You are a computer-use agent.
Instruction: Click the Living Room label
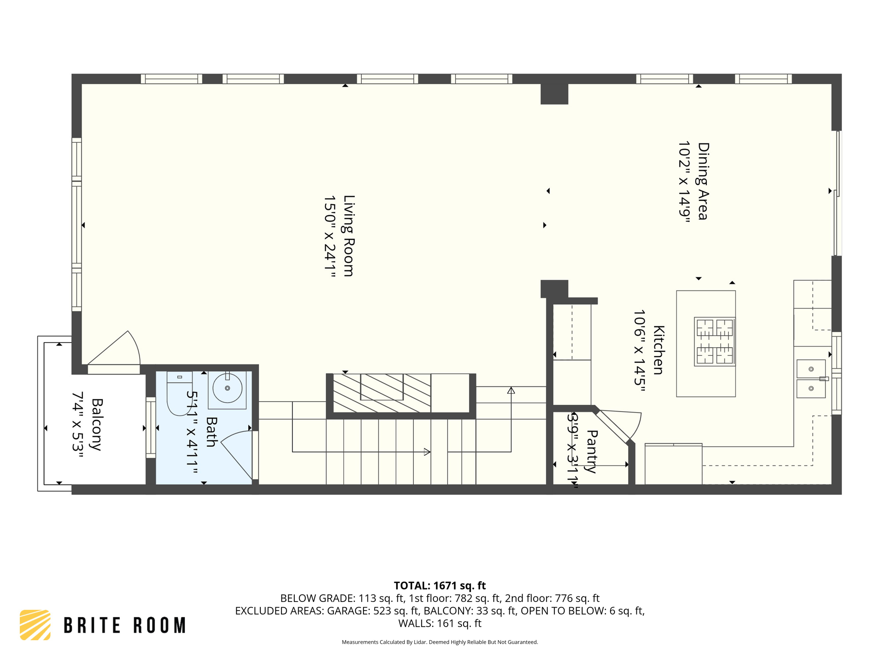tap(348, 235)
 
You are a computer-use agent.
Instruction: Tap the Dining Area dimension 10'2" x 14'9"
tap(684, 181)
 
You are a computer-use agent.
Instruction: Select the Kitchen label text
tap(659, 350)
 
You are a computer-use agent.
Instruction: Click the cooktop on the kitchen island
tap(715, 342)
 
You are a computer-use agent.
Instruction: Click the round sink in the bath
tap(227, 388)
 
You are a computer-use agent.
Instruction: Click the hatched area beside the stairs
tap(382, 393)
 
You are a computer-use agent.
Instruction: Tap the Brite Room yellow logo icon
tap(35, 625)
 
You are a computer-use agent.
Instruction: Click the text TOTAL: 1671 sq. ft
tap(440, 586)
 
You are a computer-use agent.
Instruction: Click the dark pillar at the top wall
tap(554, 94)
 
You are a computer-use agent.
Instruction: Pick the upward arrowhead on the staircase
tap(511, 391)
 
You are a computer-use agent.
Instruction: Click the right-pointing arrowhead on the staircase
tap(427, 452)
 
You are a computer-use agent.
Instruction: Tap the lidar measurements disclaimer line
tap(440, 642)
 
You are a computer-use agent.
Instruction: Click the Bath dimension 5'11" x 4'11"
tap(192, 432)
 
